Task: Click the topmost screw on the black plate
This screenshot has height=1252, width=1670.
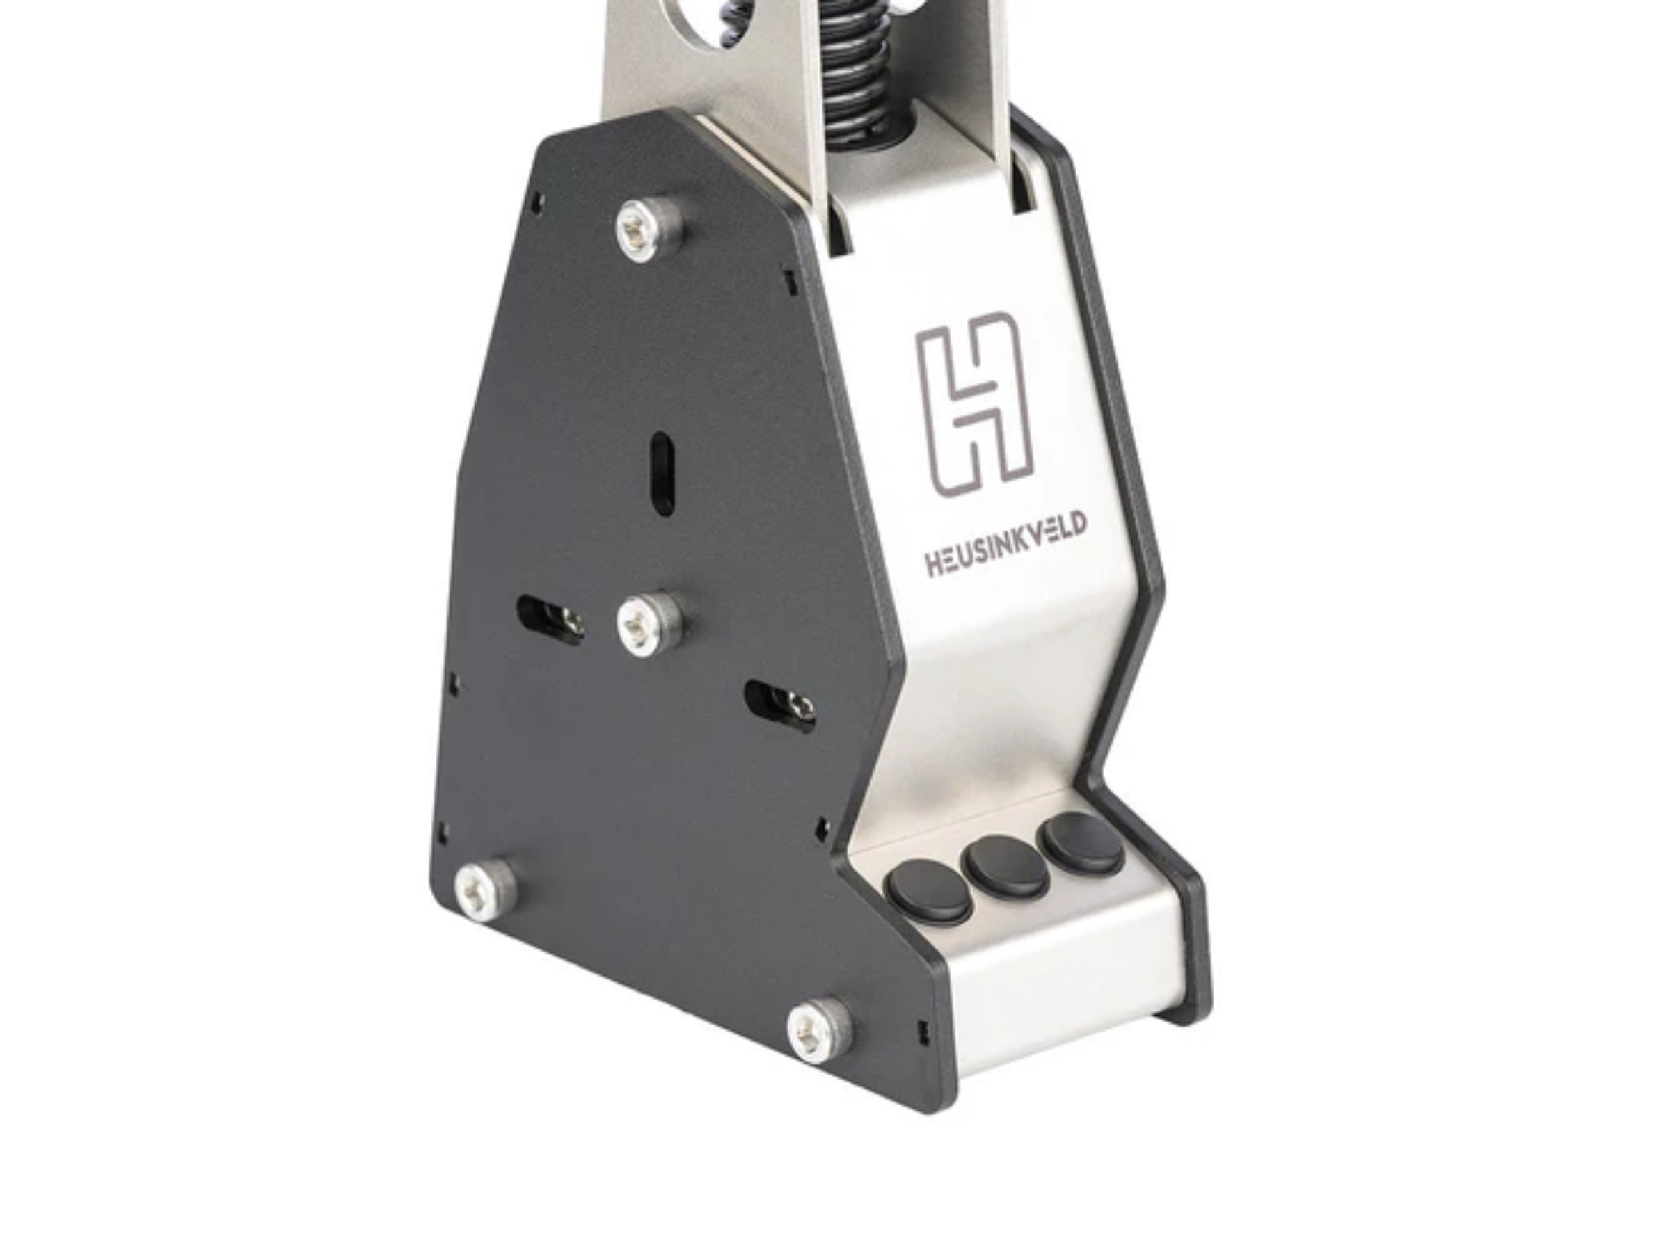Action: click(x=649, y=230)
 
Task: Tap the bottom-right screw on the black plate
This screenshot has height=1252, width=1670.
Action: click(x=820, y=1029)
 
